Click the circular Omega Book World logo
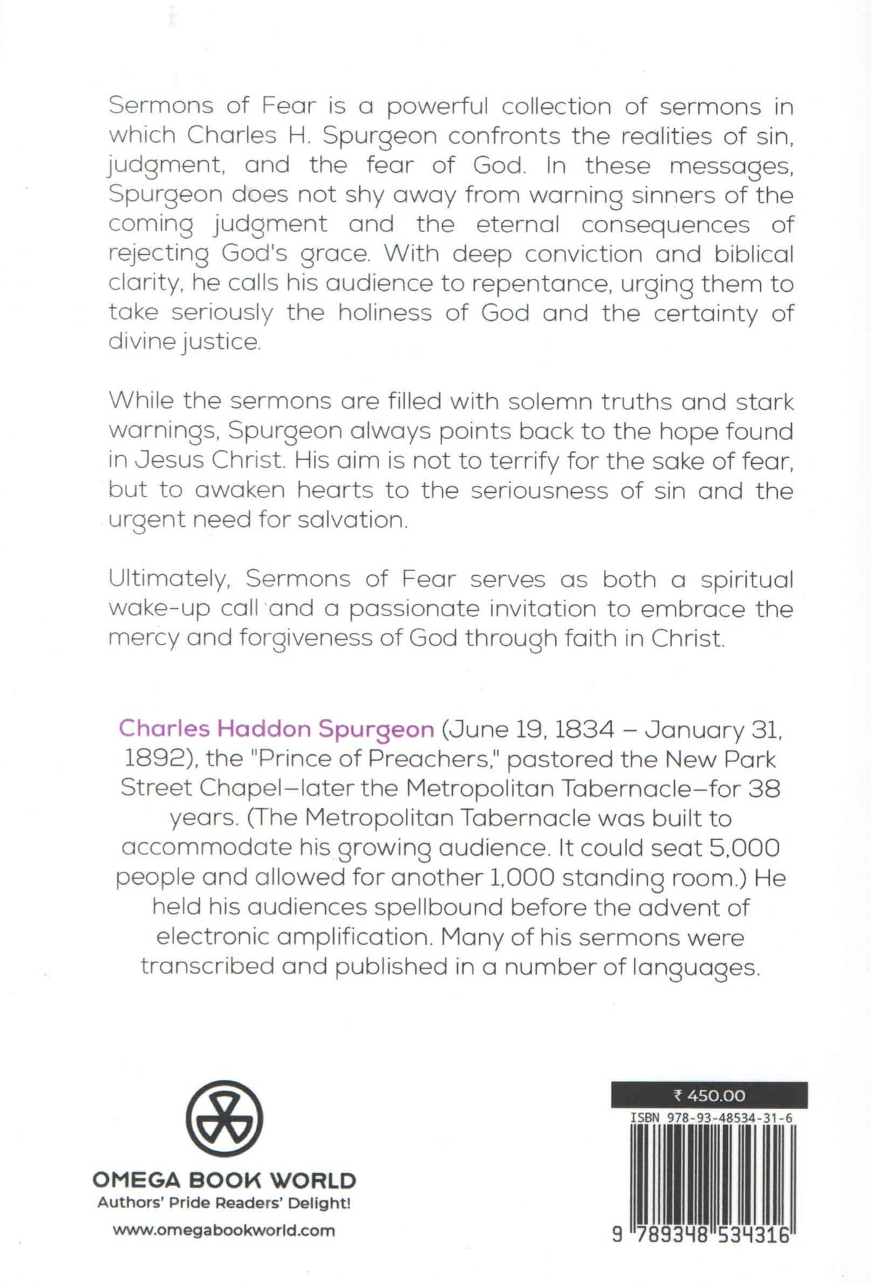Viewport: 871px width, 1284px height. click(224, 1119)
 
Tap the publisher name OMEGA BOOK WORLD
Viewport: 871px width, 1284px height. click(224, 1180)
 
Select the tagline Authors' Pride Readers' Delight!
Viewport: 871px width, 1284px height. click(224, 1203)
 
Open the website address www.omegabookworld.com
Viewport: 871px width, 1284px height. click(224, 1230)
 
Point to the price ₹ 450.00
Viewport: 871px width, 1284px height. click(709, 1095)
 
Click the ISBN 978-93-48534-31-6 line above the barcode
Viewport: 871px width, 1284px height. click(711, 1119)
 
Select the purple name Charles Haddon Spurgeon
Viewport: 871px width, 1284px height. click(277, 728)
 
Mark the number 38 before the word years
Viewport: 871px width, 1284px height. click(764, 788)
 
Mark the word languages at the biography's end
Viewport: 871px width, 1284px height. click(698, 968)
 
